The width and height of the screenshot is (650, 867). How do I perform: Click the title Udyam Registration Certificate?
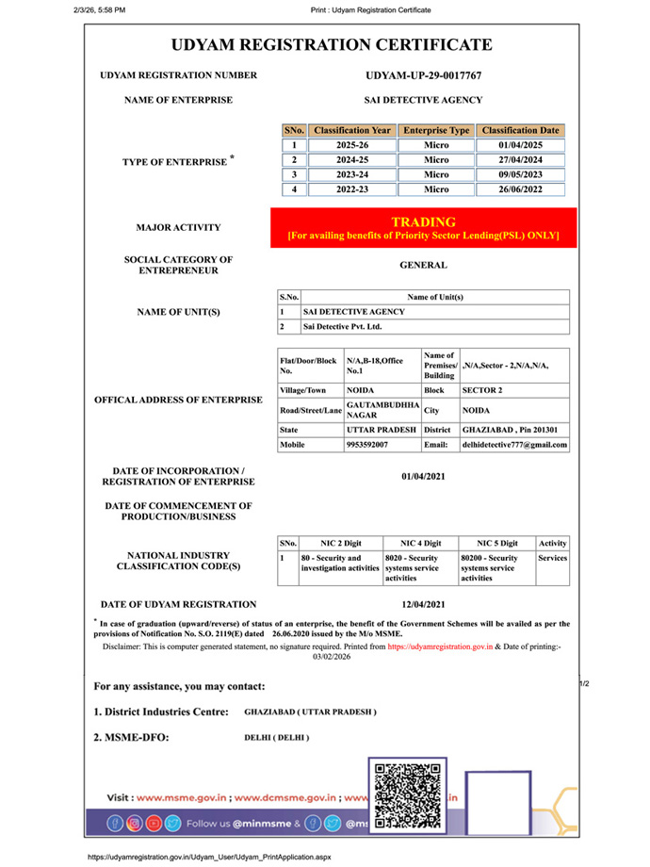pyautogui.click(x=332, y=44)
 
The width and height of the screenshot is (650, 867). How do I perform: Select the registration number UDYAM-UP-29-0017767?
pyautogui.click(x=423, y=75)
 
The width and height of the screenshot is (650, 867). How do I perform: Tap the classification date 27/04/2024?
pyautogui.click(x=521, y=160)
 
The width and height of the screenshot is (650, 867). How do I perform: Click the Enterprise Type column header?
pyautogui.click(x=435, y=130)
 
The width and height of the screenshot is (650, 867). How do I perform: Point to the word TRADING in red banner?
pyautogui.click(x=423, y=221)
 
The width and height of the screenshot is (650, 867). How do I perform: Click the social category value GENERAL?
pyautogui.click(x=423, y=266)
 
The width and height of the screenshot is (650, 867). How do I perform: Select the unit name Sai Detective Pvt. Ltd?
pyautogui.click(x=342, y=326)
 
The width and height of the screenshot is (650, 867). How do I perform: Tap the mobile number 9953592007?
pyautogui.click(x=367, y=444)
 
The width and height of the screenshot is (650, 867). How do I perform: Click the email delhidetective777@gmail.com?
pyautogui.click(x=513, y=444)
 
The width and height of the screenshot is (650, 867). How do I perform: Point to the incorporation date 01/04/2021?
pyautogui.click(x=423, y=476)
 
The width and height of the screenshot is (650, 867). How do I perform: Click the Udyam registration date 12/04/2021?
pyautogui.click(x=423, y=604)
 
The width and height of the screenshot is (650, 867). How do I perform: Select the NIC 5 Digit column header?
pyautogui.click(x=496, y=544)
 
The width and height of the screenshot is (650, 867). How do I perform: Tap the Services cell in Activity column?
pyautogui.click(x=552, y=558)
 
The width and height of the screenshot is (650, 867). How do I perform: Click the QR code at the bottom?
pyautogui.click(x=408, y=796)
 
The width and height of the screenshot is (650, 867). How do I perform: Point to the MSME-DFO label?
pyautogui.click(x=132, y=737)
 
